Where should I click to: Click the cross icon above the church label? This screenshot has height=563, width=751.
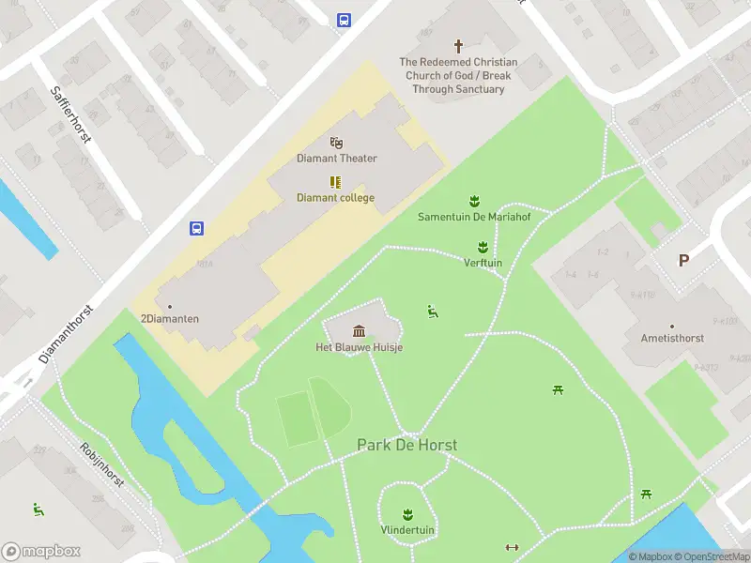[x=459, y=45]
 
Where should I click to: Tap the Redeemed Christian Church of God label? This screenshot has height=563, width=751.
[x=458, y=76]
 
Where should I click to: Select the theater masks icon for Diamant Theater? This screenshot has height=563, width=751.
[x=336, y=143]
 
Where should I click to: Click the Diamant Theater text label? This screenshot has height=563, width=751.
[x=337, y=159]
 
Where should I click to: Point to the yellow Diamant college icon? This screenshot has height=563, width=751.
[x=335, y=182]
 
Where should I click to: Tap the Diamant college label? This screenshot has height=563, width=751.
[x=335, y=198]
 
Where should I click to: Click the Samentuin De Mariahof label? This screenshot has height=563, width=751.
[x=473, y=217]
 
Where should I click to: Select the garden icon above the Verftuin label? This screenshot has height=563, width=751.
[x=483, y=247]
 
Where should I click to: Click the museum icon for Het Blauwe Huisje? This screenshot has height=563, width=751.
[x=359, y=330]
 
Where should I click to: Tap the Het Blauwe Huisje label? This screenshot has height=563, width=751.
[x=359, y=347]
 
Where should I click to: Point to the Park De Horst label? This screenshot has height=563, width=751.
[x=406, y=445]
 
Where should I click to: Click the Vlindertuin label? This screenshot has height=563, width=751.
[x=407, y=530]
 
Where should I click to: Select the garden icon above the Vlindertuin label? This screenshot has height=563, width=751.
[x=407, y=514]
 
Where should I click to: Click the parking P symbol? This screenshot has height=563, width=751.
[x=683, y=261]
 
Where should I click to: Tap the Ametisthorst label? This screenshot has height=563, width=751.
[x=672, y=338]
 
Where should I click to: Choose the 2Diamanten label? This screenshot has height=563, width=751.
[x=170, y=319]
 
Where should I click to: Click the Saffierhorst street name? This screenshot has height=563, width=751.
[x=70, y=114]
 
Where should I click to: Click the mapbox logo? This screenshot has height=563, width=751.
[x=41, y=552]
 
